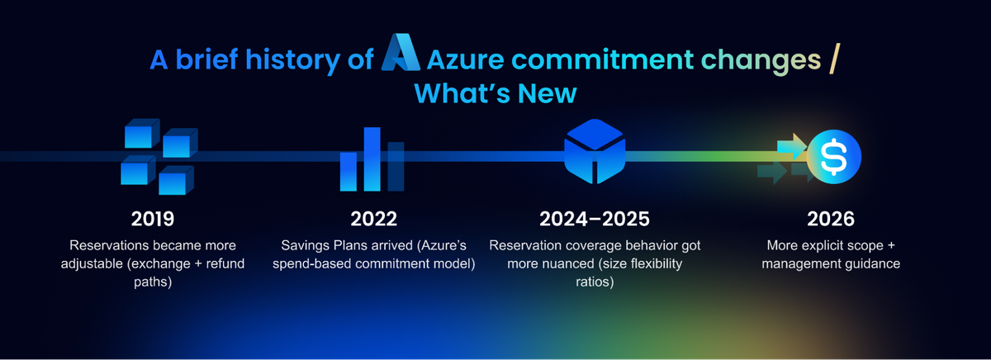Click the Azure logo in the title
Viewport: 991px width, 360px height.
(x=401, y=52)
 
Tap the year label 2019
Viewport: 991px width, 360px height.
(x=153, y=219)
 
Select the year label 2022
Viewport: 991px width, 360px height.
(x=374, y=219)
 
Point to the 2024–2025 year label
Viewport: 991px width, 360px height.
(x=594, y=219)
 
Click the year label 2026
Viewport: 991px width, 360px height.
(x=831, y=219)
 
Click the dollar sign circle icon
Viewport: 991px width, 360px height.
(x=834, y=157)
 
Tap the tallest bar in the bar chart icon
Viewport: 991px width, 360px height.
(x=372, y=159)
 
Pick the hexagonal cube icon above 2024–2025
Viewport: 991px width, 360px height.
(x=595, y=151)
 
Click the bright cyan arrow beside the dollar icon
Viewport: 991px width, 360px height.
(x=792, y=146)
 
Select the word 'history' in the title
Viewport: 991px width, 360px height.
(x=292, y=59)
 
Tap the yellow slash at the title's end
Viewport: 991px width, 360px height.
(x=834, y=59)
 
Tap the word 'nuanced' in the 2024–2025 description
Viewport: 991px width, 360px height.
(x=567, y=263)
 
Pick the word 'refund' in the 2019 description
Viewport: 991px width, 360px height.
(x=225, y=263)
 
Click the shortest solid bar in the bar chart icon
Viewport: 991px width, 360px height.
(x=349, y=172)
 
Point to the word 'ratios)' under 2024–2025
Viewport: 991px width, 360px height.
(x=595, y=282)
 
